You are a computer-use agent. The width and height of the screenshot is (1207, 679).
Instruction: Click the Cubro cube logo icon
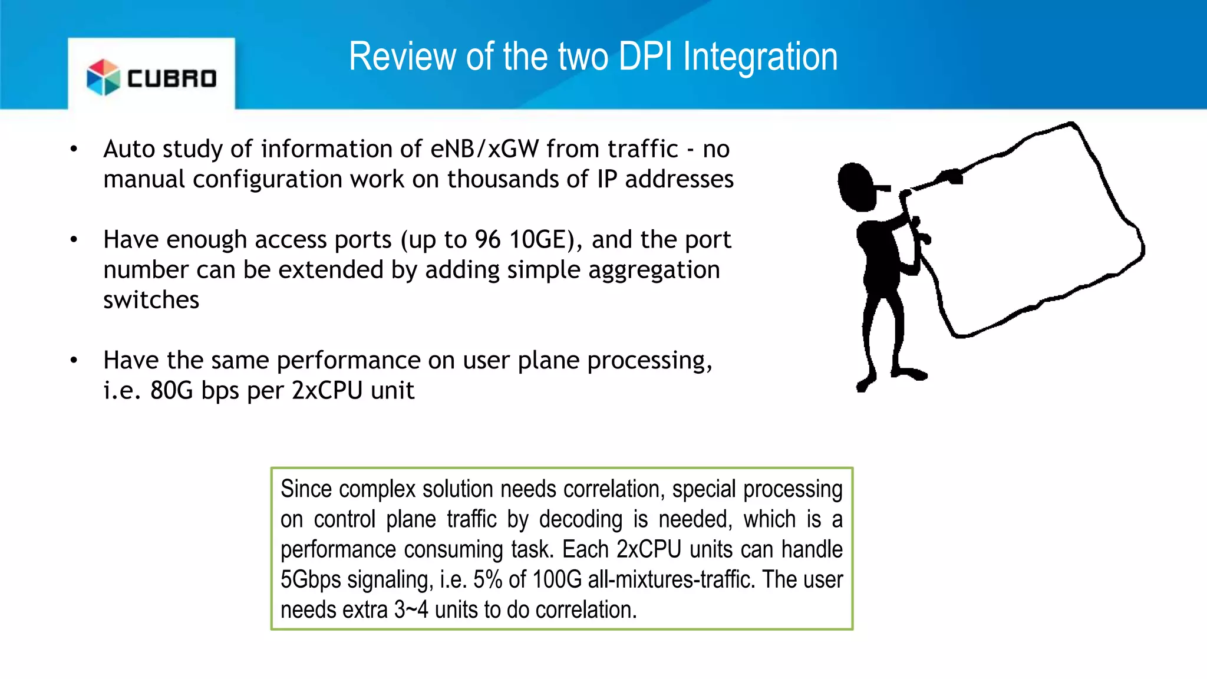click(103, 77)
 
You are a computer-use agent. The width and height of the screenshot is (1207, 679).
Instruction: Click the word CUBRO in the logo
click(172, 79)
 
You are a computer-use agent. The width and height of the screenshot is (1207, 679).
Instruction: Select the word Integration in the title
click(760, 57)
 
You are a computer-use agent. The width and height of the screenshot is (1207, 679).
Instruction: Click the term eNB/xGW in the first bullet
click(484, 149)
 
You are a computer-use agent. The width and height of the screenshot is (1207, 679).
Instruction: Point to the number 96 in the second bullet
click(487, 240)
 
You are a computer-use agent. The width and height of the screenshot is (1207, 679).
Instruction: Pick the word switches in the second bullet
click(151, 300)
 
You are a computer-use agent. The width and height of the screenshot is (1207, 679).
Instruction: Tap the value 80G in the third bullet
click(172, 391)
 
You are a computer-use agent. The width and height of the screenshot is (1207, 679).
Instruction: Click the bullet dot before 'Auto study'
click(74, 149)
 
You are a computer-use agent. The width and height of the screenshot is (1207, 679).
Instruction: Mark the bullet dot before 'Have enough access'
click(74, 240)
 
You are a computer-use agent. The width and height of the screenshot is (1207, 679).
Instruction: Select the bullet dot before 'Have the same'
click(74, 360)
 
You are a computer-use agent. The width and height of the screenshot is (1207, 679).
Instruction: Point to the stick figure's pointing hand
click(950, 176)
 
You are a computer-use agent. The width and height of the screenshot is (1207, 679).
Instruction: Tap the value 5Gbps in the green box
click(311, 580)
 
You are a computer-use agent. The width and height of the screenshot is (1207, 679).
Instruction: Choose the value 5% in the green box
click(487, 580)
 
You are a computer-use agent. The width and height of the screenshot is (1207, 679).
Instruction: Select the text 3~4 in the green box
click(411, 610)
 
